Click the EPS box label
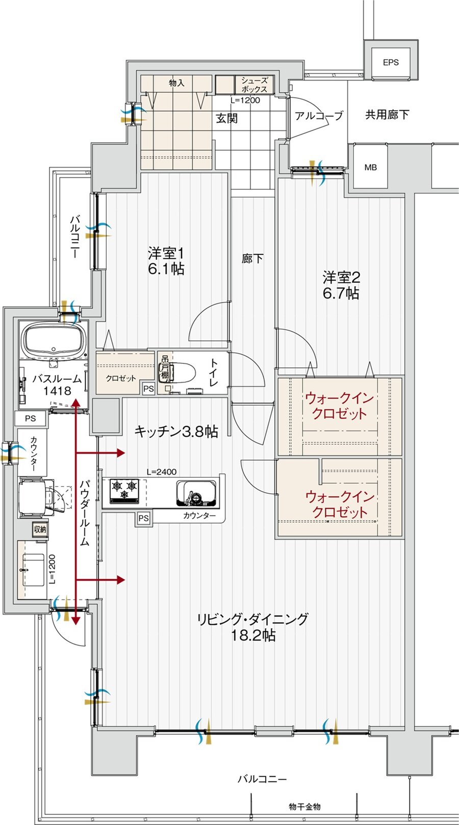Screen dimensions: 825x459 pos(391,62)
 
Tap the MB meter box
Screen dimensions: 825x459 pos(371,167)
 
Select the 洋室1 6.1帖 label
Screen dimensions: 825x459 pos(166,261)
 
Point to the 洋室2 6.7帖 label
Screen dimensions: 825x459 pos(340,285)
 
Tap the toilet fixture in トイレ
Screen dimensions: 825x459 pos(181,372)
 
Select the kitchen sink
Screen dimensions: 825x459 pos(197,492)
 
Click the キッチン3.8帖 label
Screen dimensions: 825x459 pos(176,432)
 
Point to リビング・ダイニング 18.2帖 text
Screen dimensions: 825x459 pos(253,627)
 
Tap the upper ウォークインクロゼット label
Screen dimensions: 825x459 pos(339,406)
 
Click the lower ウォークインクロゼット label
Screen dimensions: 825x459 pos(339,504)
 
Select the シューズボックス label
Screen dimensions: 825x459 pos(254,84)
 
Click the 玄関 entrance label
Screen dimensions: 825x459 pos(226,118)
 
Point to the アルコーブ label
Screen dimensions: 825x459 pos(319,116)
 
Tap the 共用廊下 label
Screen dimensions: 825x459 pos(387,114)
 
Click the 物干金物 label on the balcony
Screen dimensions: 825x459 pos(304,807)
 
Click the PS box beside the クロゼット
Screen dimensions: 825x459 pos(148,389)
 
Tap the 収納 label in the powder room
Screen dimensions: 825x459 pos(40,529)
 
